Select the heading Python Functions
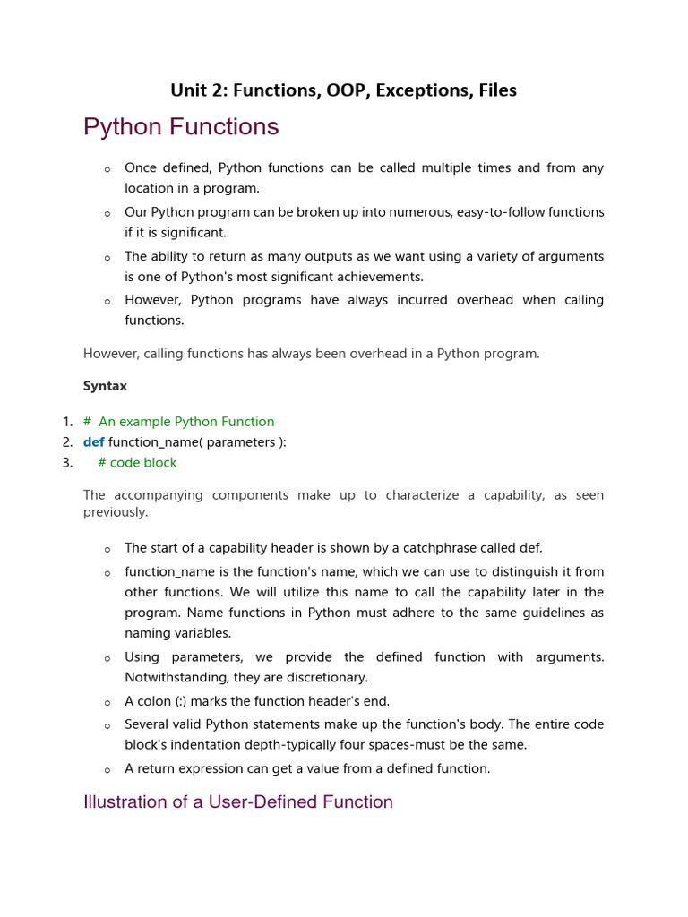point(181,127)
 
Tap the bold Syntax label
point(105,386)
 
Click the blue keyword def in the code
point(93,441)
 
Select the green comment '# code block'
point(137,462)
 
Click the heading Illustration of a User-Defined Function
point(237,801)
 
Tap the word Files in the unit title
point(497,90)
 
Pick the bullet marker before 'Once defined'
point(107,169)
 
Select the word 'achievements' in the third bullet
point(381,277)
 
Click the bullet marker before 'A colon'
point(107,703)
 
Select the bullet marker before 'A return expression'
point(107,770)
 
